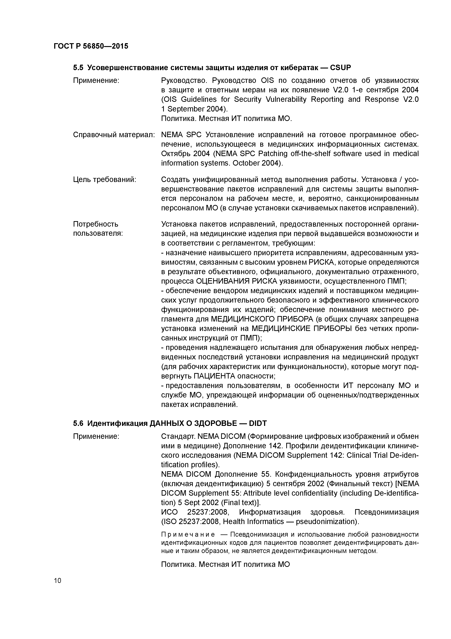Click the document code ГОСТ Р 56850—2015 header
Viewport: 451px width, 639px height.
91,46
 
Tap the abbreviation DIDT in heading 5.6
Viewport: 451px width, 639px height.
258,423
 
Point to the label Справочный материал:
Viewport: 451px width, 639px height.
114,135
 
